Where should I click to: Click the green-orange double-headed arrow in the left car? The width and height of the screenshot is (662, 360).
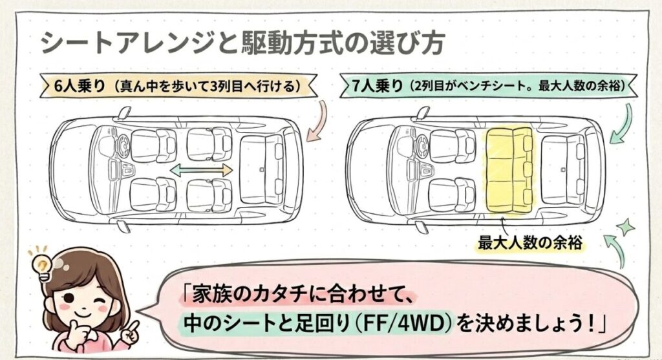(x=200, y=170)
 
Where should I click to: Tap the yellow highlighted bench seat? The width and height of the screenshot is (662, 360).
(x=508, y=169)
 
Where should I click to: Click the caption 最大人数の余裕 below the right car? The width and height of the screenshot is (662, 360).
(x=520, y=243)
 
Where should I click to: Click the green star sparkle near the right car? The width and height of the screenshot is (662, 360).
(x=625, y=228)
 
